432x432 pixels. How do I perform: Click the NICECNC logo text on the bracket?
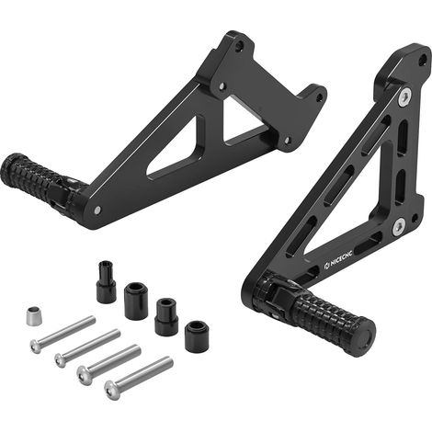click(338, 259)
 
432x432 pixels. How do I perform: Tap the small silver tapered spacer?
click(33, 315)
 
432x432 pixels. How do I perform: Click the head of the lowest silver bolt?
click(110, 390)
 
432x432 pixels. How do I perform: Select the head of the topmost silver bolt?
click(36, 347)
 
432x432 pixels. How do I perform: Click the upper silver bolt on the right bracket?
click(405, 97)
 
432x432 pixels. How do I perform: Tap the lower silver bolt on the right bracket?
click(399, 227)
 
